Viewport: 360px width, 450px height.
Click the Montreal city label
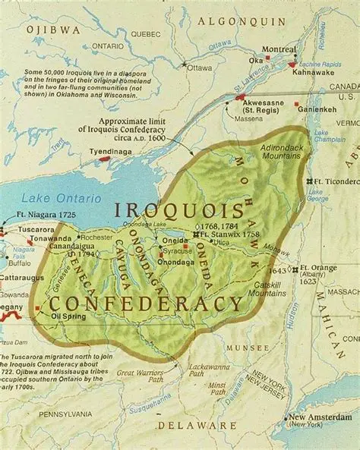coord(278,49)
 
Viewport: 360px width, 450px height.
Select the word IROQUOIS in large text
coord(179,210)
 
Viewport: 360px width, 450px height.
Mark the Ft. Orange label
coord(317,269)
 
